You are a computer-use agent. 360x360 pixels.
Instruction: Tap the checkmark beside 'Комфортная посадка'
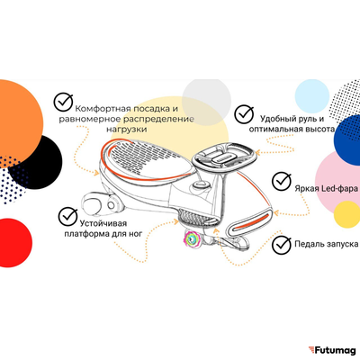(63, 102)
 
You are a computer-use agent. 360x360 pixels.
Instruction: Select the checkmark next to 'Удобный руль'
(244, 114)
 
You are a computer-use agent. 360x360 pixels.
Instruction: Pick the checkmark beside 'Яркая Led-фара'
(282, 181)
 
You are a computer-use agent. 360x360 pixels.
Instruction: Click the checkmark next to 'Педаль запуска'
(282, 245)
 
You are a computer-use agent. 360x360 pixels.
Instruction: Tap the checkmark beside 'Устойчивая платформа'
(68, 216)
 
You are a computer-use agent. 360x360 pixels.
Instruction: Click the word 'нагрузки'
(127, 130)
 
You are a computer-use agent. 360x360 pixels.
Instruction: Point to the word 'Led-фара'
(339, 188)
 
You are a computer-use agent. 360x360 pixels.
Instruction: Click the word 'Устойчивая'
(103, 223)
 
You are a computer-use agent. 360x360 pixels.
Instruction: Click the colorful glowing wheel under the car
(192, 239)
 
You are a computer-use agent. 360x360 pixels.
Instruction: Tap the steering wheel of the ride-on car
(224, 156)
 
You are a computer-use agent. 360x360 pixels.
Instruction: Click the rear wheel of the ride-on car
(93, 205)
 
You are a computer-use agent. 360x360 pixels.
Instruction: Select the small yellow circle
(347, 214)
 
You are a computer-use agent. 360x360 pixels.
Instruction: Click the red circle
(13, 242)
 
